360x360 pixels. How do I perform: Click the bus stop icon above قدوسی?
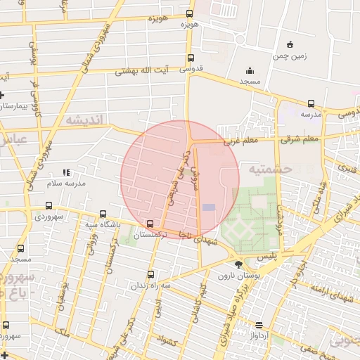(x=190, y=58)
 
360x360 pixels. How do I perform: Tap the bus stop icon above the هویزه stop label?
(x=190, y=13)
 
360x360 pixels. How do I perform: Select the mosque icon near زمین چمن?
(x=250, y=70)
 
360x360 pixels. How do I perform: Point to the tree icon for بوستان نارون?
(x=239, y=265)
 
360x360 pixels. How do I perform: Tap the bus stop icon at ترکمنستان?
(x=150, y=224)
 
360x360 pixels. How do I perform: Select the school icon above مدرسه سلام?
(x=66, y=172)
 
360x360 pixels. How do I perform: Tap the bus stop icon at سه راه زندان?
(x=150, y=275)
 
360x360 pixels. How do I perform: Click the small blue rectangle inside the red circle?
(x=209, y=207)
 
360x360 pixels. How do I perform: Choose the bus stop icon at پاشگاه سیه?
(x=103, y=214)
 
